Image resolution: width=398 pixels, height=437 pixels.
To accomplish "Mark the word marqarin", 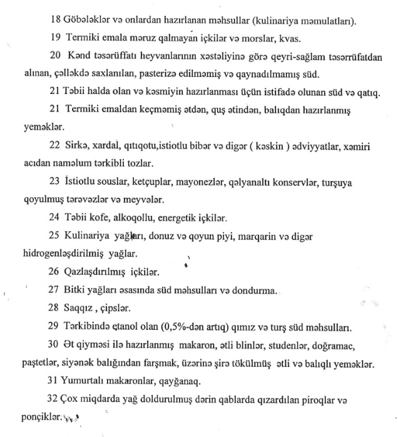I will [x=255, y=237].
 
